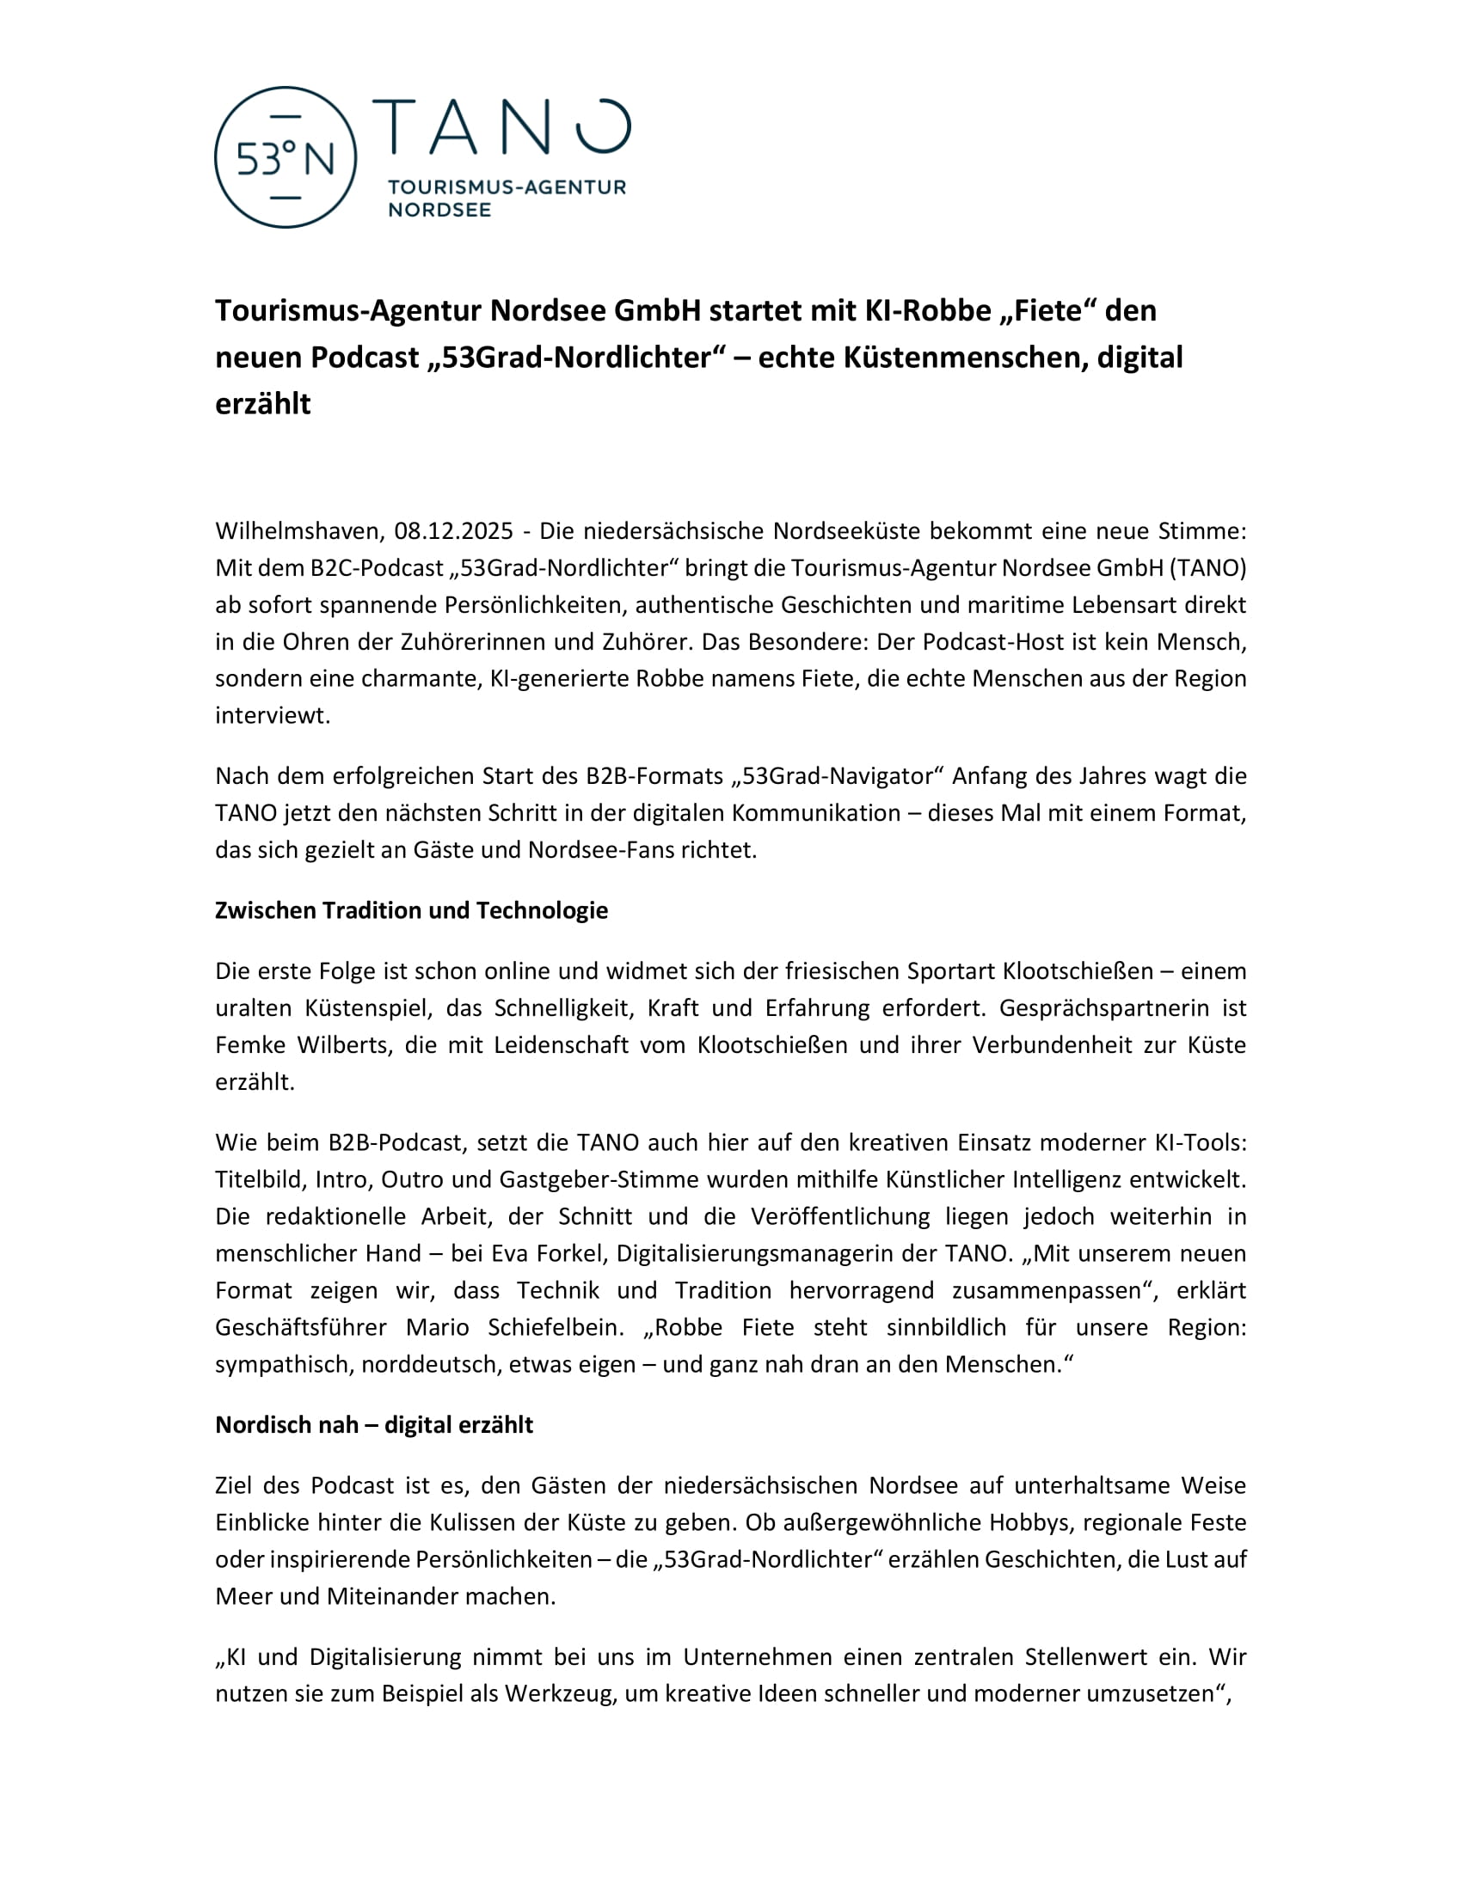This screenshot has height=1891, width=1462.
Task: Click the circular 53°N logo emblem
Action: click(285, 157)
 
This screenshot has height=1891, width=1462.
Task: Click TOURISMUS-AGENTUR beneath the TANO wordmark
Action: click(507, 187)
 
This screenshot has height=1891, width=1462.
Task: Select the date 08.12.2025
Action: click(454, 530)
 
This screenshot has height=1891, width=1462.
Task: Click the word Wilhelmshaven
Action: click(298, 530)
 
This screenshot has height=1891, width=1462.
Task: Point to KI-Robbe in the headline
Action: click(928, 310)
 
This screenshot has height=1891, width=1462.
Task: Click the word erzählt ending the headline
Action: click(262, 403)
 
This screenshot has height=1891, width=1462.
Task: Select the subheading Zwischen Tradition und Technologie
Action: click(411, 910)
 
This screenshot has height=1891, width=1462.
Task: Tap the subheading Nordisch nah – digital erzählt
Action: click(374, 1424)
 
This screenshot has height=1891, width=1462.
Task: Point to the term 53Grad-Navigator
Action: click(837, 776)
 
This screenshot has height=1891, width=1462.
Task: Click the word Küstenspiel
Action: click(368, 1008)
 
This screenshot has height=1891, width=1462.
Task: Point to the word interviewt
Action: click(272, 715)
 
